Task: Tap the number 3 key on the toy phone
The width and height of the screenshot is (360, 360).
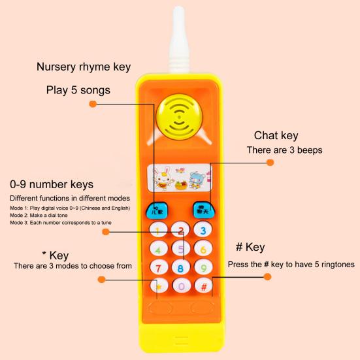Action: point(203,230)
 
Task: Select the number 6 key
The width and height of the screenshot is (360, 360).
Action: point(203,249)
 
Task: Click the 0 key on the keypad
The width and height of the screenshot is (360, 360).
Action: point(181,286)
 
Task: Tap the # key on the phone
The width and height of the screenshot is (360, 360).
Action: point(203,286)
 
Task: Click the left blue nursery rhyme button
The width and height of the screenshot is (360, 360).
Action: point(157,210)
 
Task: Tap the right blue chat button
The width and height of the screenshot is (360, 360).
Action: point(203,210)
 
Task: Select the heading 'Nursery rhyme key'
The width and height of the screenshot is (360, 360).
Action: point(84,67)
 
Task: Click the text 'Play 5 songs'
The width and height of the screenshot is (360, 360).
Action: point(78,90)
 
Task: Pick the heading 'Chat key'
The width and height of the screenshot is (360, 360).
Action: point(276,135)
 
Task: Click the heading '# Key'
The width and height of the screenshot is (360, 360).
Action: point(250,247)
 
